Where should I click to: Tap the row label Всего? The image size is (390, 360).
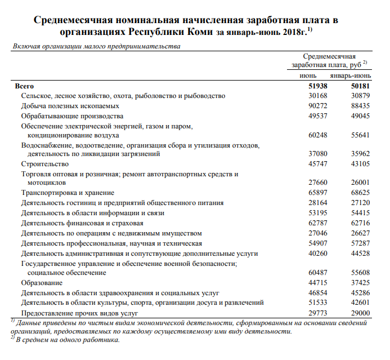tap(25, 86)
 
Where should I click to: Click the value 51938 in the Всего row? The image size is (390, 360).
tap(307, 86)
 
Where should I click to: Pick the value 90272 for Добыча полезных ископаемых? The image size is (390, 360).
tap(307, 106)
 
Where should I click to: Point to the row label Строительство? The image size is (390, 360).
tap(44, 164)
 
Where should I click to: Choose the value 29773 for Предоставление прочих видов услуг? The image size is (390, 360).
tap(307, 313)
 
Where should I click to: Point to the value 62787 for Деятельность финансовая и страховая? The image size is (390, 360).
tap(307, 223)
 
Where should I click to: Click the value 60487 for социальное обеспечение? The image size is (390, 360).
tap(307, 273)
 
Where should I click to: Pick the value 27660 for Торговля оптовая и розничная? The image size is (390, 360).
tap(307, 183)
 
